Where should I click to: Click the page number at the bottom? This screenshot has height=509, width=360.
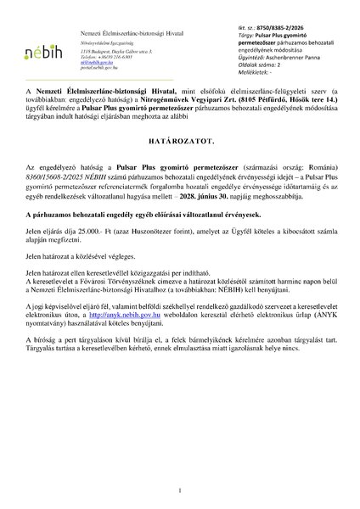[x=180, y=490]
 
